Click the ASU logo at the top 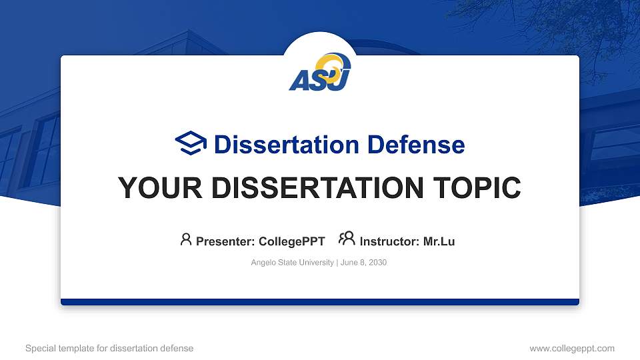(x=319, y=73)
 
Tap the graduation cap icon (x=191, y=144)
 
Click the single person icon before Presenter (x=186, y=239)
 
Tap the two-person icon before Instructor (x=347, y=239)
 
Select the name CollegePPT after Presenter (x=291, y=241)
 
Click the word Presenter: (x=225, y=241)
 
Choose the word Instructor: (x=389, y=241)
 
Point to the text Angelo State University (x=292, y=263)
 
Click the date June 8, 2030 (x=363, y=263)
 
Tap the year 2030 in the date (x=377, y=263)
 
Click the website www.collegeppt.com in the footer (x=572, y=348)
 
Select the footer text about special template (x=109, y=348)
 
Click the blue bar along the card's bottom (x=320, y=302)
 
